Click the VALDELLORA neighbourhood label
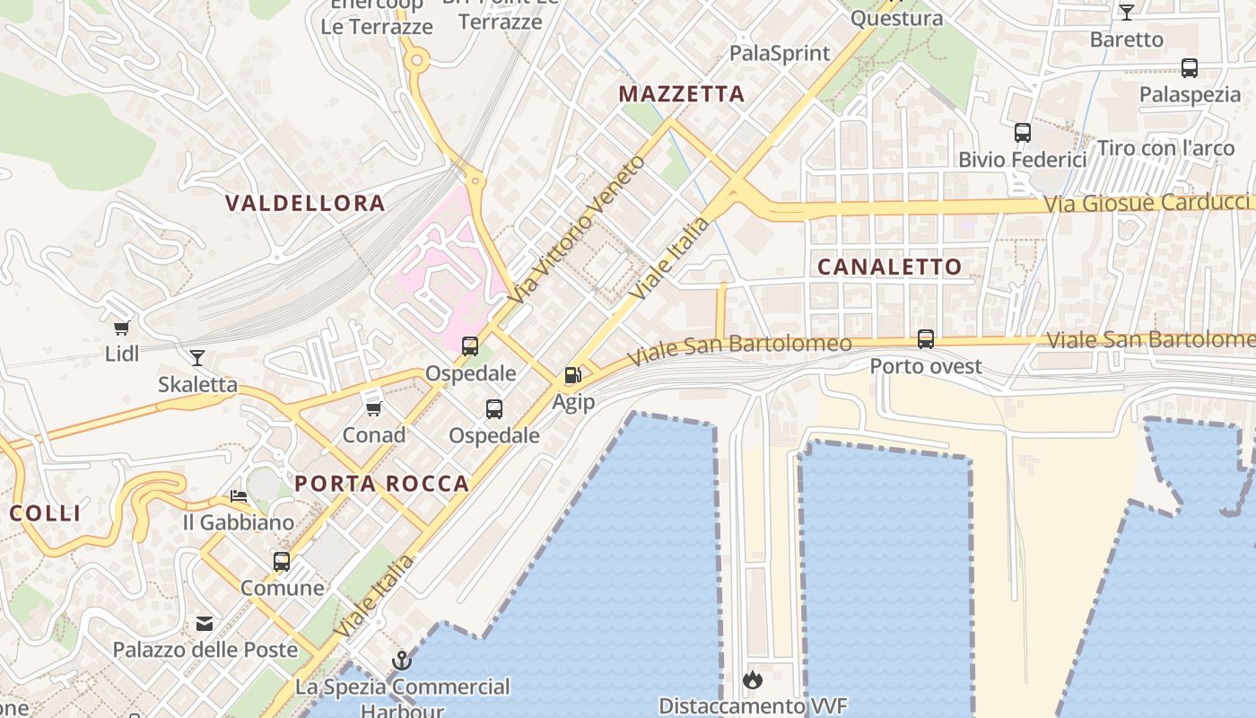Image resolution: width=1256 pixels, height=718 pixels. pos(305,204)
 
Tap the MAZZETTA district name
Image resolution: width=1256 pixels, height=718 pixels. pos(682,94)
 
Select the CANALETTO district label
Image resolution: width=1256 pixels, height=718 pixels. pos(889,267)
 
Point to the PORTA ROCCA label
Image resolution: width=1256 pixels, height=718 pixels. pos(382,484)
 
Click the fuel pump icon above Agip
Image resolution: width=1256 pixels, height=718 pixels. pos(572,375)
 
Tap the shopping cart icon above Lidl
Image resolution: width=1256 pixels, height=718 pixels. pos(122,328)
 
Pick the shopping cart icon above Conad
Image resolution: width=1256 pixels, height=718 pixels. pos(373,409)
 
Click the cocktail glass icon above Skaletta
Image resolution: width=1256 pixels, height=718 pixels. pos(197,358)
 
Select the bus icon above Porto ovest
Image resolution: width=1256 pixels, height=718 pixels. pos(926,339)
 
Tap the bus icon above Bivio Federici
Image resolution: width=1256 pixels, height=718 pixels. pos(1022,133)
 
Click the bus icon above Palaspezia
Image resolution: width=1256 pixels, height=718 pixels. pos(1190,67)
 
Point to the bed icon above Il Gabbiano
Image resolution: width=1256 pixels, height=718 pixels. pos(238,495)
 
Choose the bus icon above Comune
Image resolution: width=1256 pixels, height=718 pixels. pos(282,562)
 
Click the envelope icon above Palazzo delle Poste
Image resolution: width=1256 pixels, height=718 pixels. pos(205,623)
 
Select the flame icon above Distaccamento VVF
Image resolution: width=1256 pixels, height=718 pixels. pos(753,679)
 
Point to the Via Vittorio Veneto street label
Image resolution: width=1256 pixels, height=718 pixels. pos(580,228)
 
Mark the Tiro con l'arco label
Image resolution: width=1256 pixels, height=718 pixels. pos(1165,148)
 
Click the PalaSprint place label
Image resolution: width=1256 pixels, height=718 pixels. pos(780,53)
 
